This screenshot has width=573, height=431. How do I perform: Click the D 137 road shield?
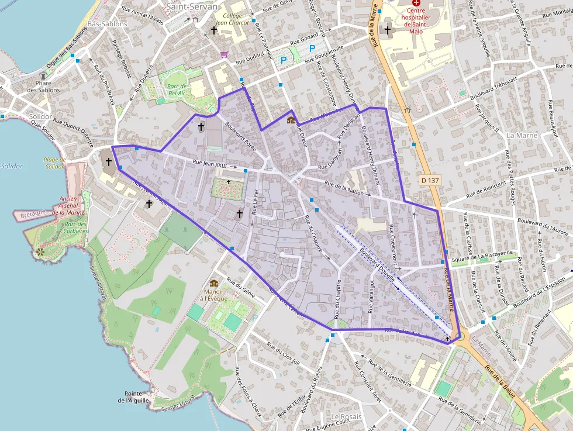click(430, 181)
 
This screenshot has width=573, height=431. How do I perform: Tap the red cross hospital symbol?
click(416, 3)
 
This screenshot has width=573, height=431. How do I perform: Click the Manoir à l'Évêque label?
click(214, 294)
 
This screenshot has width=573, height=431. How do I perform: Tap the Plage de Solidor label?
click(54, 163)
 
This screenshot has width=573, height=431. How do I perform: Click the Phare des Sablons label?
click(43, 87)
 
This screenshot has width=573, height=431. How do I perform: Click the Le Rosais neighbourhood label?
click(346, 416)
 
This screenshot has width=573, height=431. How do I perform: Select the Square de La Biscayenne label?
click(483, 254)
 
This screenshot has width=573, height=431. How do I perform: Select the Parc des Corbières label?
click(76, 227)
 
